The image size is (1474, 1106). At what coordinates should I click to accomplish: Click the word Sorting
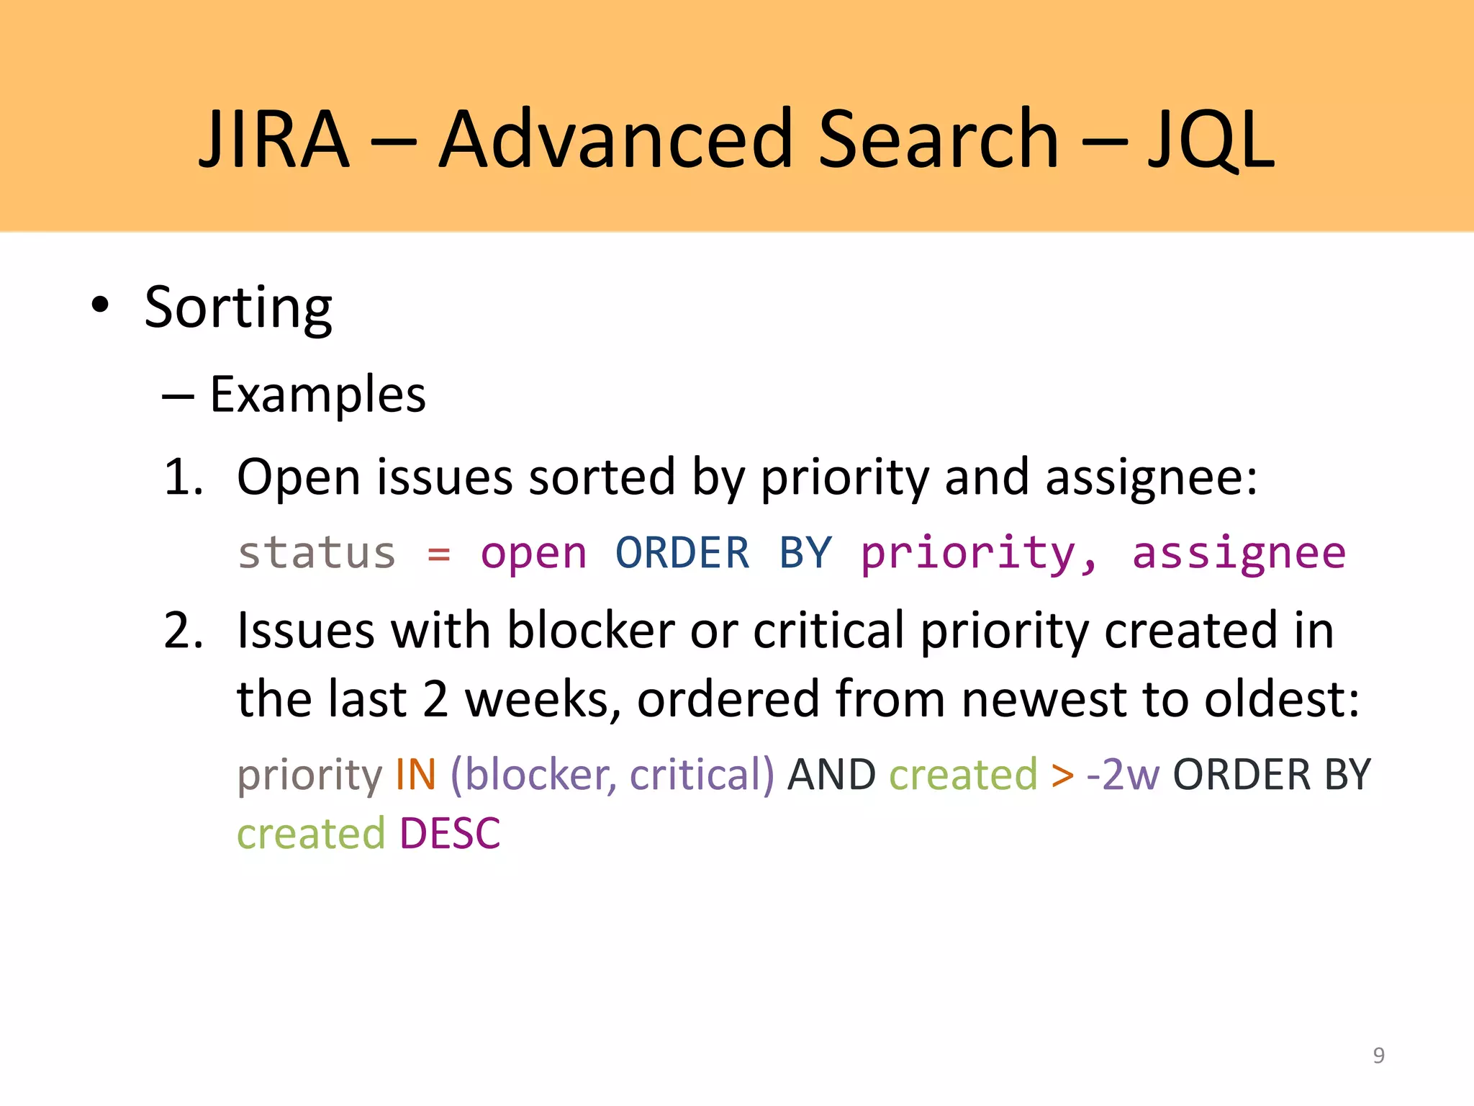(238, 308)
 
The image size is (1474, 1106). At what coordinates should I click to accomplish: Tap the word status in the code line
(317, 553)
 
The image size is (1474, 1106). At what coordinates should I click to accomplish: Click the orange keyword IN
(416, 775)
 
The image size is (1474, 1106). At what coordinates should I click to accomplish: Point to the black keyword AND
(831, 775)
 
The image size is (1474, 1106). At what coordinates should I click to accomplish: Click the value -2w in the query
(1123, 775)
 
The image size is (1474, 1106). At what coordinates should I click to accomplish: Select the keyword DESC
(450, 834)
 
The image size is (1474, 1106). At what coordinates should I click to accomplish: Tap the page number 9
(1378, 1055)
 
